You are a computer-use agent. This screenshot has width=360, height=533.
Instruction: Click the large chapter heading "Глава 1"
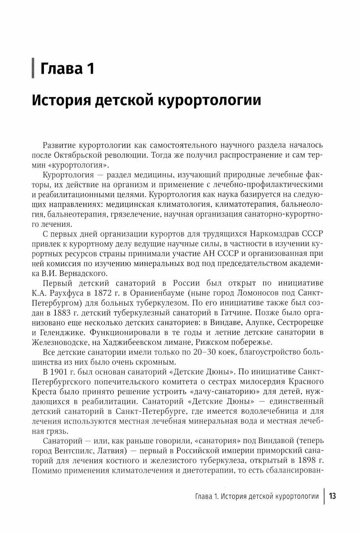pos(67,68)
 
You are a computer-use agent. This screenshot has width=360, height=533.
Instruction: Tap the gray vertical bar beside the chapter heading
pos(33,68)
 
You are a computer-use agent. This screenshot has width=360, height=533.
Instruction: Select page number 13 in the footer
pos(332,496)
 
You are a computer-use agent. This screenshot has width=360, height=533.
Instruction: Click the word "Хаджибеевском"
pos(136,342)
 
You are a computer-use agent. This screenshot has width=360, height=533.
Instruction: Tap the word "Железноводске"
pos(58,342)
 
